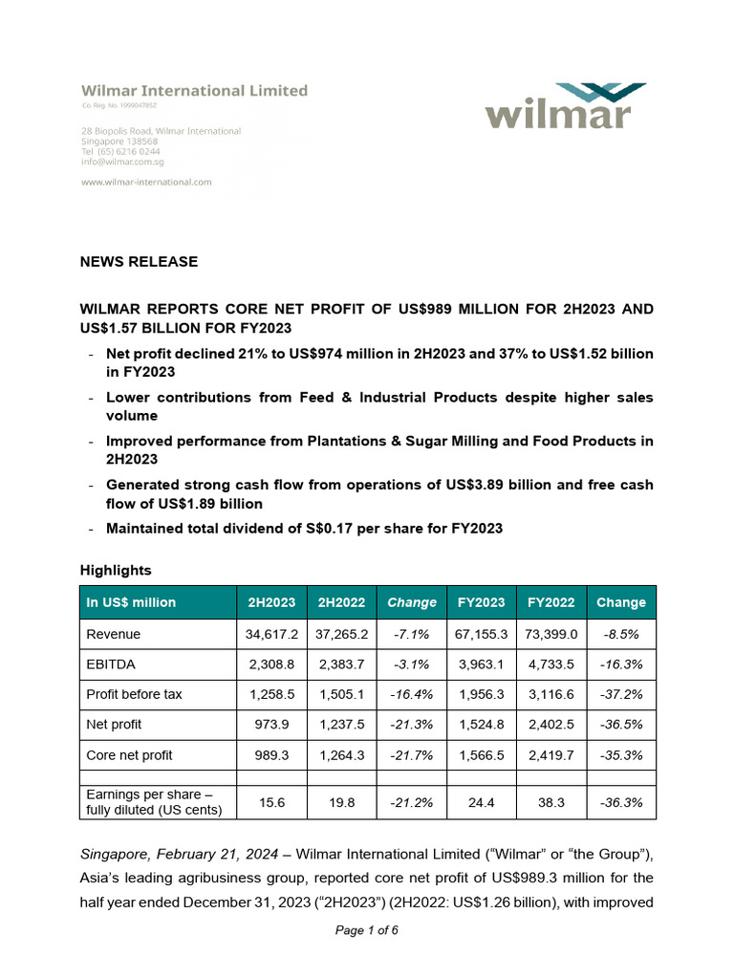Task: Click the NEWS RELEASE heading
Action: (x=139, y=261)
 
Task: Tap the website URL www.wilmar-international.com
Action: (x=146, y=182)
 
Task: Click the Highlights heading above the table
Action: (x=116, y=570)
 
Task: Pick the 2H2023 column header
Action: (x=271, y=602)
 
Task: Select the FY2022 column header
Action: (x=551, y=602)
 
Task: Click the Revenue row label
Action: (x=114, y=634)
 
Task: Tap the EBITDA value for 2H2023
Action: (x=271, y=664)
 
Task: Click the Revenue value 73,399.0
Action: (x=551, y=634)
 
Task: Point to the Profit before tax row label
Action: (x=134, y=694)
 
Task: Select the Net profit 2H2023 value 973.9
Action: (x=271, y=725)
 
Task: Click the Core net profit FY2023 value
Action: (x=482, y=755)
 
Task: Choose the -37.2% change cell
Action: (x=621, y=694)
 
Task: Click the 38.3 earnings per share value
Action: (x=551, y=803)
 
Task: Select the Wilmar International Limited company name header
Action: (x=194, y=91)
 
